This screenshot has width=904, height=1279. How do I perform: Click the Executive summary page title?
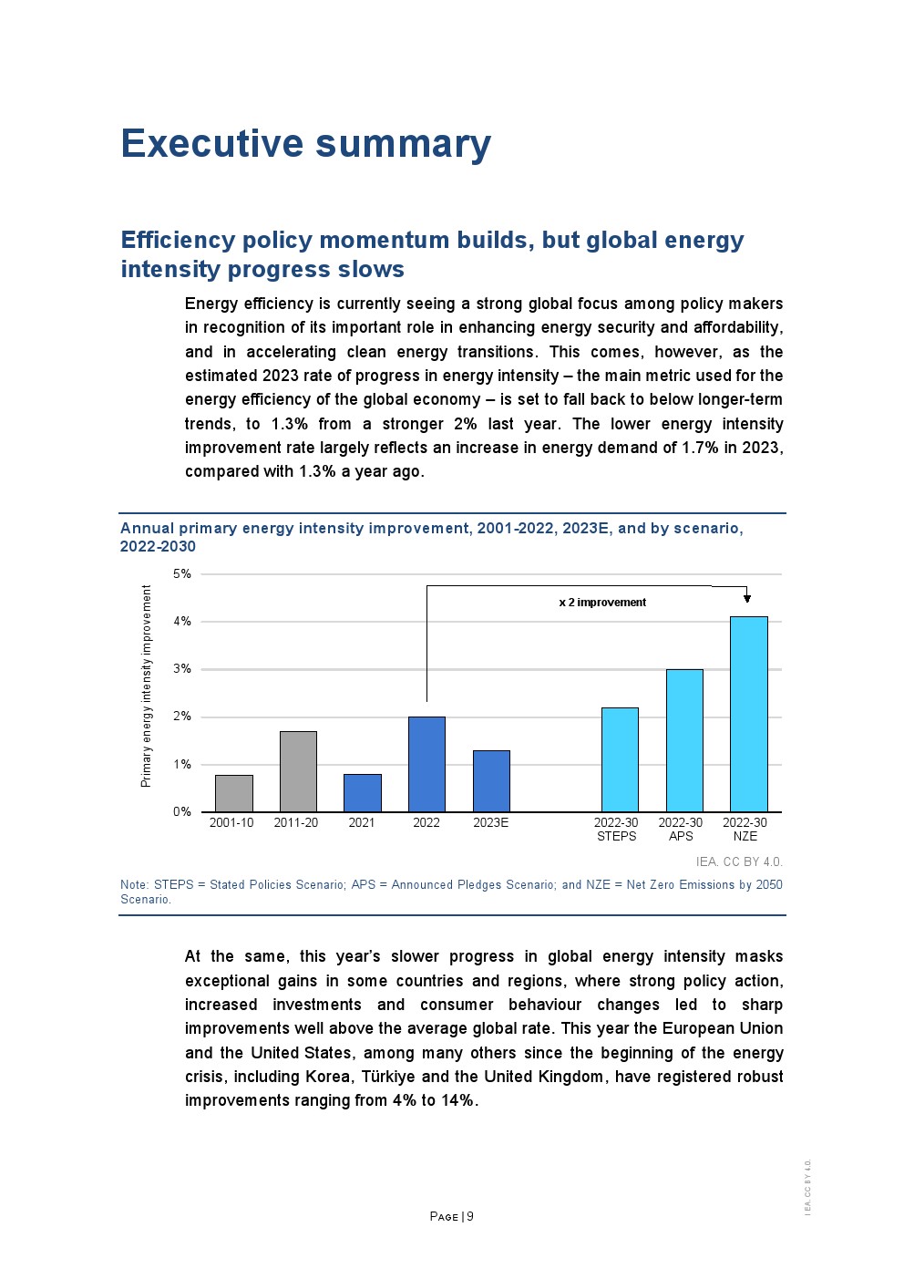point(305,144)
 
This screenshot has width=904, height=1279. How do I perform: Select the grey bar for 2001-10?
point(233,793)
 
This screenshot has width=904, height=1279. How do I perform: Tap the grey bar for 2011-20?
point(298,771)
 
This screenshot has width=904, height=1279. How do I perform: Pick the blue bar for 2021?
point(362,793)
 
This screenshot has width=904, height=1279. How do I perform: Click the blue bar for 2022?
point(426,764)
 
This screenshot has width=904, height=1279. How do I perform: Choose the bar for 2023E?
point(491,781)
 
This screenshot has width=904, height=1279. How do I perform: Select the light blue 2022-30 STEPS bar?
point(620,759)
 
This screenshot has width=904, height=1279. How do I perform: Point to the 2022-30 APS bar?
point(684,740)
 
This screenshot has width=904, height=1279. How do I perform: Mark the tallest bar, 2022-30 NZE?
point(748,714)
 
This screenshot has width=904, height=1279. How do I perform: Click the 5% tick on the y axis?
point(182,573)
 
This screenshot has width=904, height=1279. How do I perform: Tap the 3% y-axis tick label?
point(182,668)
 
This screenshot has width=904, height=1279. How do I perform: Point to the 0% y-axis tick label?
point(182,811)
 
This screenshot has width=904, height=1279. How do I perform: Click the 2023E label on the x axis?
point(490,822)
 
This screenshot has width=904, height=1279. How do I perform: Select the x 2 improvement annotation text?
point(602,603)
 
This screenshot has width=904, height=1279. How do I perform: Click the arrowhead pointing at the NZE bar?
point(747,598)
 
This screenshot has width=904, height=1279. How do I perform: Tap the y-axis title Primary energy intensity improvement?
point(146,686)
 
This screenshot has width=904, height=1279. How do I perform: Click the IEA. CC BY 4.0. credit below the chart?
point(739,861)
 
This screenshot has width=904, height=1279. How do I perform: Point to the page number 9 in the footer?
point(470,1216)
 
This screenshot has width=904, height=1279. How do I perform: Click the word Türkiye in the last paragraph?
point(388,1077)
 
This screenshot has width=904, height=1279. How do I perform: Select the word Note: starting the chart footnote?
point(134,884)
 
